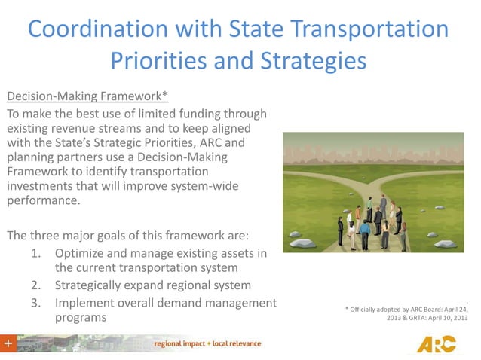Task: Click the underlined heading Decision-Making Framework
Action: (87, 97)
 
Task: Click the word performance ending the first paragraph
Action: (43, 201)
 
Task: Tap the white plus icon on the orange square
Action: (8, 343)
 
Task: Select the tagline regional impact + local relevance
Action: (207, 344)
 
